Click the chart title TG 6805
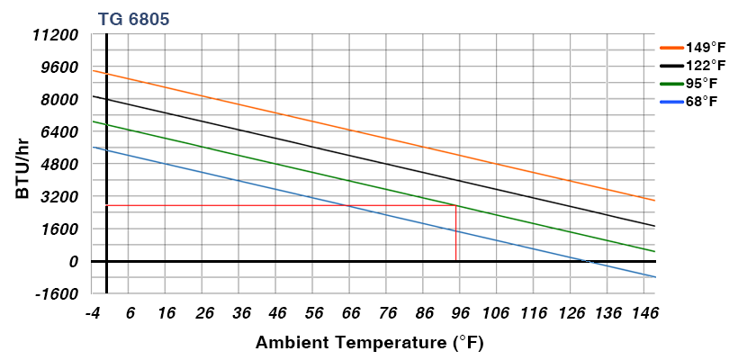coord(132,18)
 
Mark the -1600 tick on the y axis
coord(59,293)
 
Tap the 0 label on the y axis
coord(74,261)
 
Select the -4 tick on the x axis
coord(92,313)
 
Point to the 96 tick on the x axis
coord(460,313)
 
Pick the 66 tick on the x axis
coord(350,313)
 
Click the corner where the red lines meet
coord(456,206)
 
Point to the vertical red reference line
coord(456,234)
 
